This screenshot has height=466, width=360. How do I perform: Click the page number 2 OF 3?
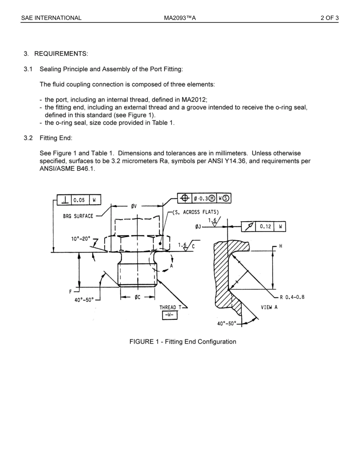329,18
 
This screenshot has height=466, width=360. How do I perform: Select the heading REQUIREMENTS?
61,54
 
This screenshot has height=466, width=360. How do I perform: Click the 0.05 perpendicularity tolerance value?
79,200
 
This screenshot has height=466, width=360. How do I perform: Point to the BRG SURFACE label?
78,216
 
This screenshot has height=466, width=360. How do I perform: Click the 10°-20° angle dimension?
81,239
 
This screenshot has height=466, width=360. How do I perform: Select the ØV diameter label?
134,206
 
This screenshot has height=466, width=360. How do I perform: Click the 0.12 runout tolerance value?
265,227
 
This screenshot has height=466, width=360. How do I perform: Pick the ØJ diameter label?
198,227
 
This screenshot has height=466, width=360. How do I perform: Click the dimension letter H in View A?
280,246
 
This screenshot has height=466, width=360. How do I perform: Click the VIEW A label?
269,307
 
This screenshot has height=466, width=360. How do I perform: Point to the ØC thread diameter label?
137,297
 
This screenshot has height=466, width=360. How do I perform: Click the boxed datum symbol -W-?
169,315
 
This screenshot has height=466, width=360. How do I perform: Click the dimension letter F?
70,292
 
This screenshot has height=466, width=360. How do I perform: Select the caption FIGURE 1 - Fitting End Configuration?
183,342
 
